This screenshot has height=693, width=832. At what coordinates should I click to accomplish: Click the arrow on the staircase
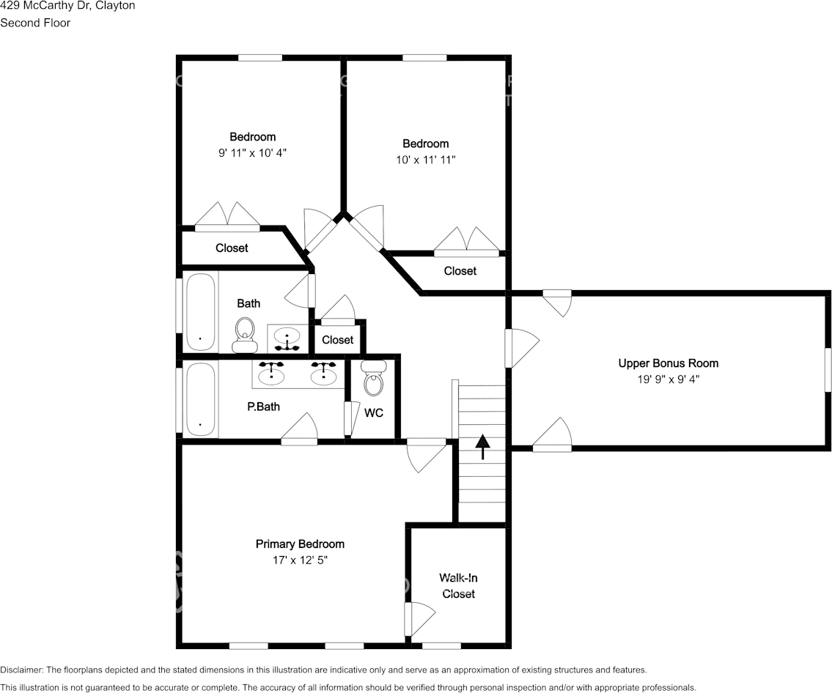tap(482, 447)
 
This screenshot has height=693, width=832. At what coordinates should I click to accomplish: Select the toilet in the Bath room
tap(244, 335)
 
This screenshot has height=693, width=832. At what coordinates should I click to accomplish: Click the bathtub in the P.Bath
tap(200, 399)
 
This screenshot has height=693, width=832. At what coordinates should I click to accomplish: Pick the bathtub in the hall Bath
tap(200, 311)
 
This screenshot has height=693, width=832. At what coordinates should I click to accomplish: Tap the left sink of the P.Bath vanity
tap(272, 373)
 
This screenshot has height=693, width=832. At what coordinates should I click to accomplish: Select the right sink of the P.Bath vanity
tap(323, 373)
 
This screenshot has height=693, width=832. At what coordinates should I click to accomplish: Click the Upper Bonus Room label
tap(668, 363)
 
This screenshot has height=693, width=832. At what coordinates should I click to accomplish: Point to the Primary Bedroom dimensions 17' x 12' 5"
tap(300, 560)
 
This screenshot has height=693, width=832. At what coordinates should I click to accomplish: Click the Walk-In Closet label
tap(458, 585)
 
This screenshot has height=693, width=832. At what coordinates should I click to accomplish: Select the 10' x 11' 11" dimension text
tap(425, 160)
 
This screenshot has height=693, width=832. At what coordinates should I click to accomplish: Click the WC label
tap(374, 413)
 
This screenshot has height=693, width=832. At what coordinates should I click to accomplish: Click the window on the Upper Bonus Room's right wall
tap(827, 369)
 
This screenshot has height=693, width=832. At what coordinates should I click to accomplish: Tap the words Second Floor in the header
tap(35, 23)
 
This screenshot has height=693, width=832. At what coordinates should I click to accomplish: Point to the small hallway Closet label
tap(338, 340)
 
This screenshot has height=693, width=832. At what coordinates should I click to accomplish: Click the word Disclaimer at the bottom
tap(21, 670)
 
